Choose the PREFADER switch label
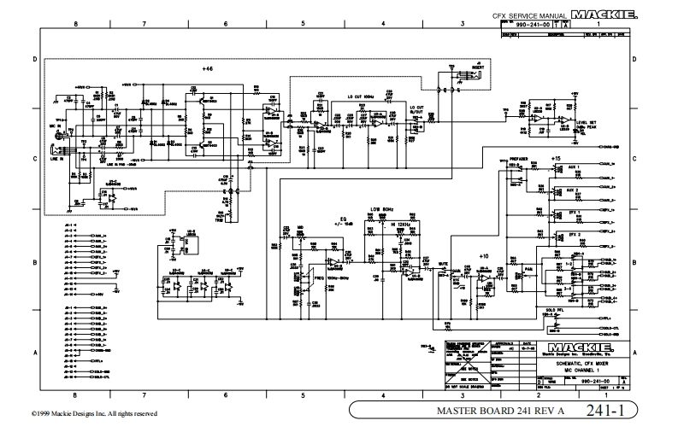tap(519, 158)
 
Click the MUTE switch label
tap(442, 264)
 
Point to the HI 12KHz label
tap(398, 223)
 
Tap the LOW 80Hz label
tap(381, 208)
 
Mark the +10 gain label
tap(484, 256)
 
